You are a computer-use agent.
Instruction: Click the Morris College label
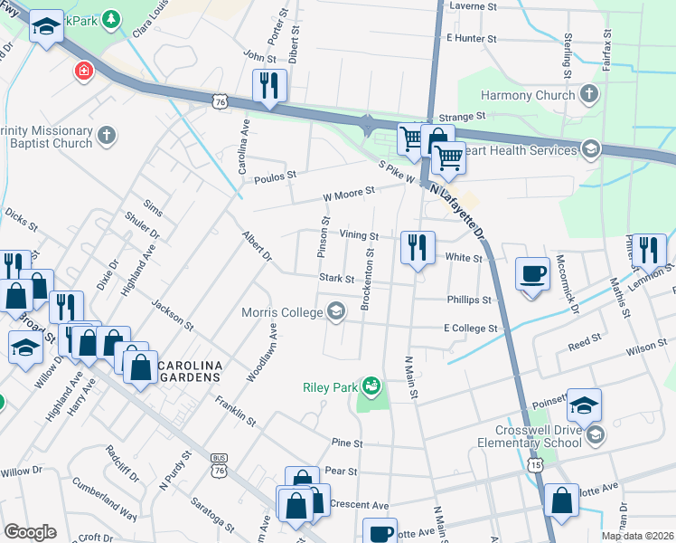click(x=281, y=313)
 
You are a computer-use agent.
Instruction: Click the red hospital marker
click(x=84, y=71)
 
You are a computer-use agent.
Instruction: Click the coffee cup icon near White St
click(x=532, y=272)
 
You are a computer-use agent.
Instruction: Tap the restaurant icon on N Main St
click(x=418, y=247)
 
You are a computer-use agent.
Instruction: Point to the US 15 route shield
click(x=534, y=462)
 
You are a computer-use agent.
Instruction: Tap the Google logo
click(x=30, y=532)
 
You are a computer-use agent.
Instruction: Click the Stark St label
click(x=335, y=279)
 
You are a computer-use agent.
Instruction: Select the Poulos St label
click(x=275, y=176)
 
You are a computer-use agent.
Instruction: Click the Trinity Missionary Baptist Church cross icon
click(x=107, y=136)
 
